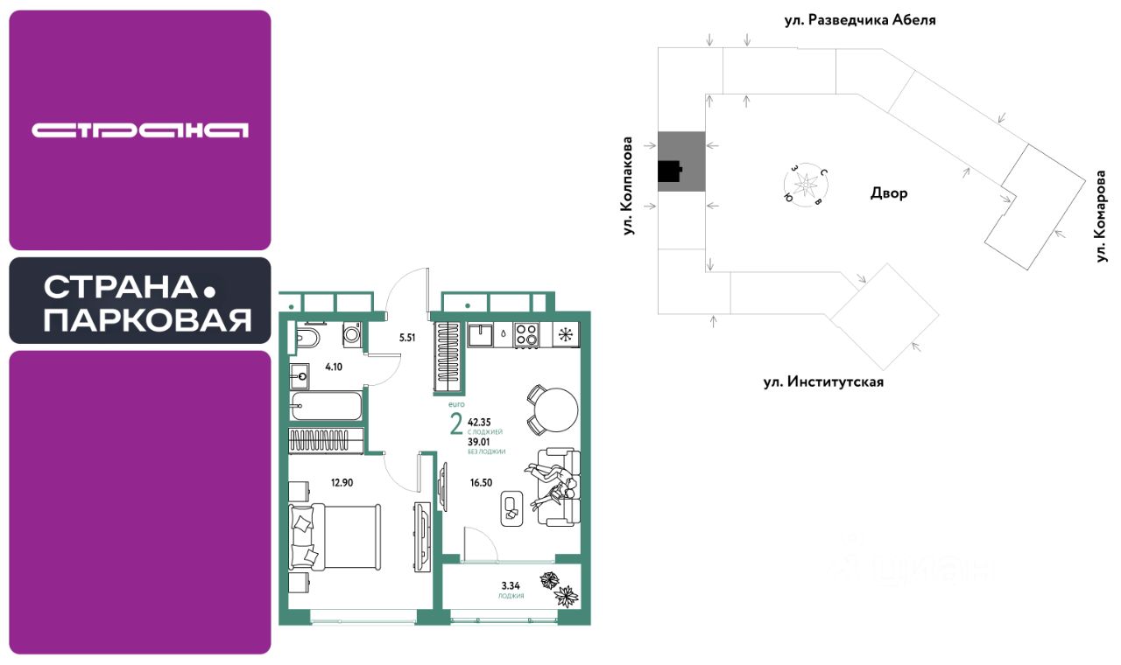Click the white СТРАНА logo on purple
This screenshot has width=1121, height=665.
140,130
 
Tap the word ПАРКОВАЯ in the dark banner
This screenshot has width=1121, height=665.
147,321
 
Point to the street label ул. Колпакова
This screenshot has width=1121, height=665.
628,185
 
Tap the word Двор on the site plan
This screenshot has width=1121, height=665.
889,193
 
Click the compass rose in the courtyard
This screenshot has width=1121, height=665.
804,184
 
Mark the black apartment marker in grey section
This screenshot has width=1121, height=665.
670,171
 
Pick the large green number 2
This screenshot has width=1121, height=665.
456,425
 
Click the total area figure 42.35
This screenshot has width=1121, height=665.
480,421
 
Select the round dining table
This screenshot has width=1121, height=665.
553,408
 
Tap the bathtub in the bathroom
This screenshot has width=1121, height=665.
326,406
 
